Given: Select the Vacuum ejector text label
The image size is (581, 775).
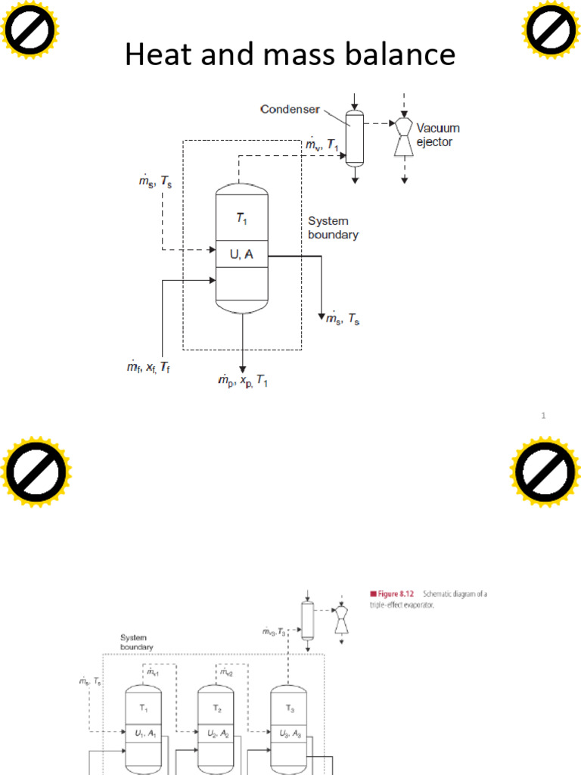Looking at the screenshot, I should click(437, 135).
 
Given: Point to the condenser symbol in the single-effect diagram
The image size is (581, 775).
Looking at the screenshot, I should click(353, 139).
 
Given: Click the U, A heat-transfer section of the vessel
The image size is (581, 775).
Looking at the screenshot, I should click(241, 256).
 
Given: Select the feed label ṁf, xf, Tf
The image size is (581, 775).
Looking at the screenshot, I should click(148, 367).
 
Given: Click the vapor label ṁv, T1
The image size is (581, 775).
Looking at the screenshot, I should click(323, 145).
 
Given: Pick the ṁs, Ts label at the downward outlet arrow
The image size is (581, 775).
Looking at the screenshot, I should click(343, 320).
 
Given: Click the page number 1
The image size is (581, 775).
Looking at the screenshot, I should click(543, 415).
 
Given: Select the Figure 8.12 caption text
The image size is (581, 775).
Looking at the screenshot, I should click(428, 599).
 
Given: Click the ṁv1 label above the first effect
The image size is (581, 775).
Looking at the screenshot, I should click(153, 671).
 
